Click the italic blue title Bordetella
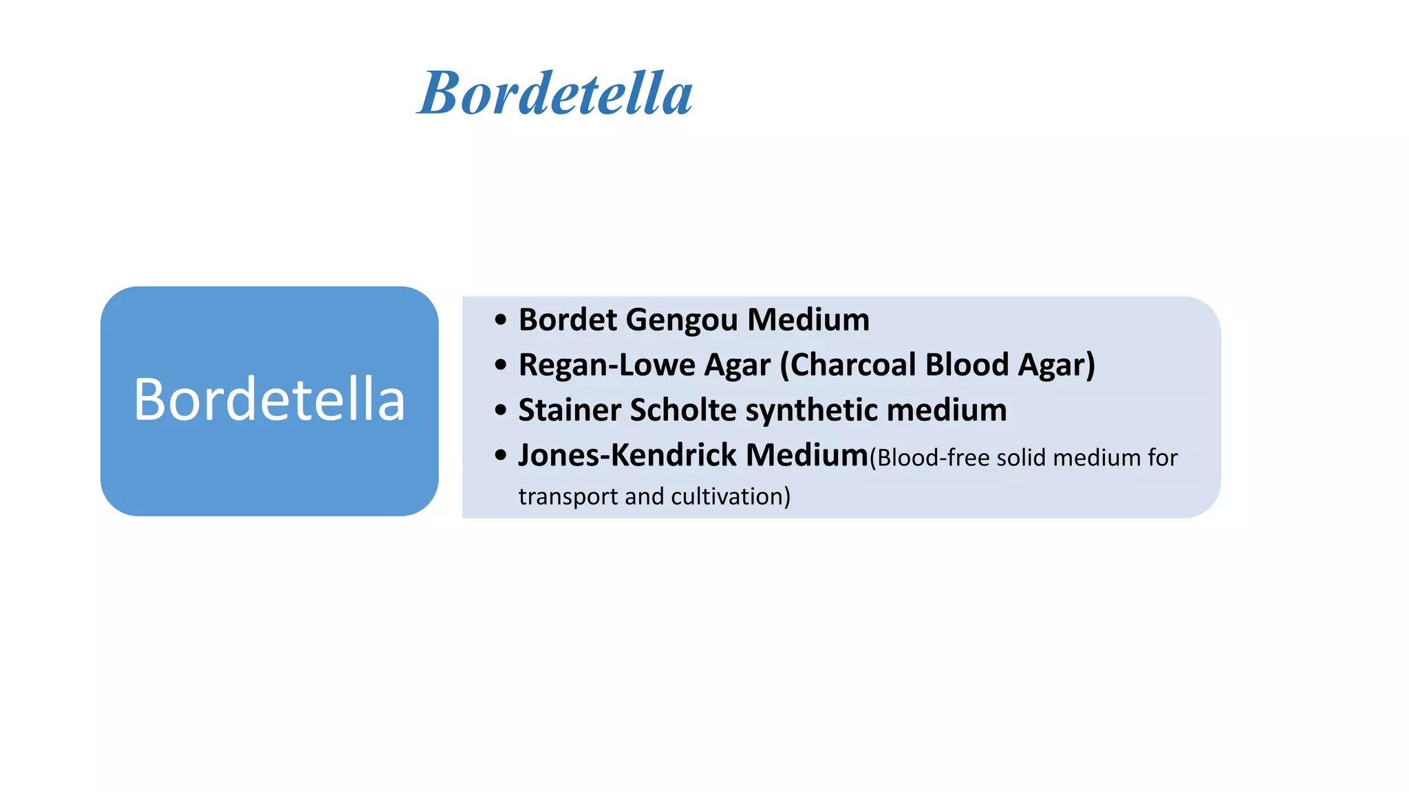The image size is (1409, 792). (x=555, y=93)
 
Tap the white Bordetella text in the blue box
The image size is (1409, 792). (x=269, y=399)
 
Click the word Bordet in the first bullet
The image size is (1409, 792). (x=568, y=320)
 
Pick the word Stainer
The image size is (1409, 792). (x=570, y=410)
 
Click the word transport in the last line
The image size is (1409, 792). (x=568, y=496)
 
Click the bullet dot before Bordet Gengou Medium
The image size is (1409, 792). (x=500, y=320)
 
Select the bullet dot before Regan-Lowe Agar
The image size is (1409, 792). (x=500, y=365)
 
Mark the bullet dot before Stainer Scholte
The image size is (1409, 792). (x=500, y=410)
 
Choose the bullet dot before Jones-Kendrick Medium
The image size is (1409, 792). (x=500, y=455)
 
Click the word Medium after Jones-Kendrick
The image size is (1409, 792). (x=807, y=455)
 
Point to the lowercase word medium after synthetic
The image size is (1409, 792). (x=947, y=410)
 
